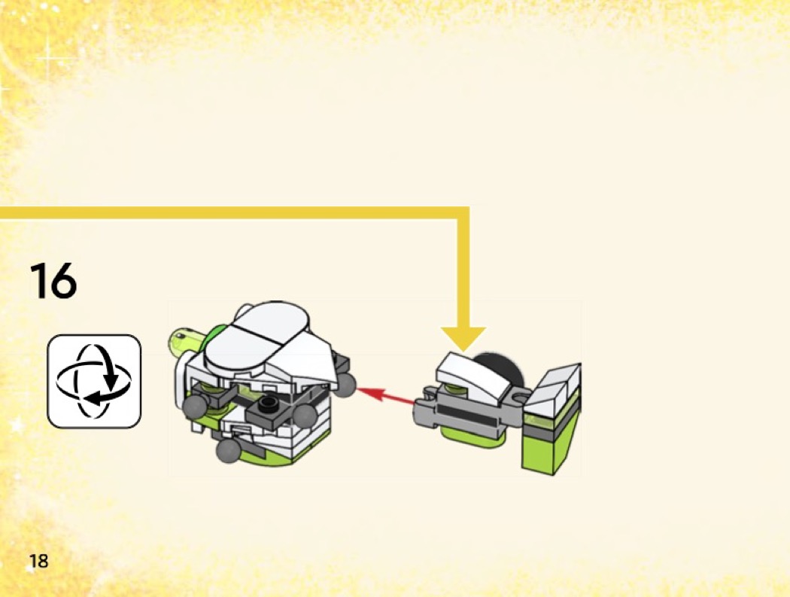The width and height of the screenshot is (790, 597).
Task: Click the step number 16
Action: pyautogui.click(x=53, y=280)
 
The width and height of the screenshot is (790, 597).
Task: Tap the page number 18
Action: pyautogui.click(x=39, y=561)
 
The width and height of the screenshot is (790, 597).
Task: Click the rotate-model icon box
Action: pyautogui.click(x=94, y=381)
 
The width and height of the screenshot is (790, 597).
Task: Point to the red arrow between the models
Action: pyautogui.click(x=386, y=395)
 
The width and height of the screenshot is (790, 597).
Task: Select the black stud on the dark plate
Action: pyautogui.click(x=268, y=402)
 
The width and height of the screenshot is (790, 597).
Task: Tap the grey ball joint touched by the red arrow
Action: pyautogui.click(x=345, y=384)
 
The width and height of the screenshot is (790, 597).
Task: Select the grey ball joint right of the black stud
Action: pyautogui.click(x=305, y=416)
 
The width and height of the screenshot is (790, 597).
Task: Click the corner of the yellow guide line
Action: pyautogui.click(x=463, y=212)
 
